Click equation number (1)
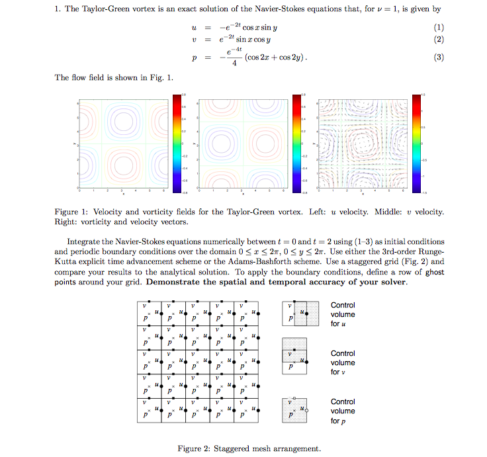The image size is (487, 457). [437, 28]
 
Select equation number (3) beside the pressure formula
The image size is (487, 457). [437, 58]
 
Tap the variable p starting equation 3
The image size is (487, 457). [195, 58]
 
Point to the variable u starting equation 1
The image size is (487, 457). [194, 28]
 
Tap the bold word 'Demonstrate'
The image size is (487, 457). [178, 282]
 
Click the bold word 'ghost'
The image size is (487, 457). [434, 272]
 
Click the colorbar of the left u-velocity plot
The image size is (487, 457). [176, 144]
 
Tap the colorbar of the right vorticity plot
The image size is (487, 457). [416, 144]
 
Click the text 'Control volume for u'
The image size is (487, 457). [343, 314]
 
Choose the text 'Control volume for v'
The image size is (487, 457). [343, 362]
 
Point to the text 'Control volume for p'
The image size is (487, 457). [343, 411]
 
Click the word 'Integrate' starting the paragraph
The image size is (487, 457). [84, 241]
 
